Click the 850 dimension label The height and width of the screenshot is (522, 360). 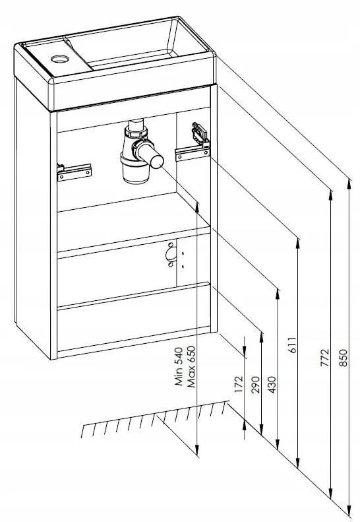[344, 358]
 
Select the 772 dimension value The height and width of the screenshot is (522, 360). [325, 358]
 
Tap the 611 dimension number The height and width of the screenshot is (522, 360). [292, 345]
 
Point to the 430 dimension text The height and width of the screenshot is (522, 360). [272, 385]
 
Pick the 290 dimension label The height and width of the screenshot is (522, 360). [256, 385]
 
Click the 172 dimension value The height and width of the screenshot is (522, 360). [239, 385]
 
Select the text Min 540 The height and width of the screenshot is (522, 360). [179, 366]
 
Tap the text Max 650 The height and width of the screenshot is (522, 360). [191, 367]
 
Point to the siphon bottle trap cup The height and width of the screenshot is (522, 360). [135, 170]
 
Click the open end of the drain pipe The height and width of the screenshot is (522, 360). [156, 162]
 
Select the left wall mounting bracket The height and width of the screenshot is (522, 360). [75, 172]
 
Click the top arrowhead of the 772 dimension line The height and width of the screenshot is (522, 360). [330, 196]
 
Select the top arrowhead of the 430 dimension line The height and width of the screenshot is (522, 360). [277, 294]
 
